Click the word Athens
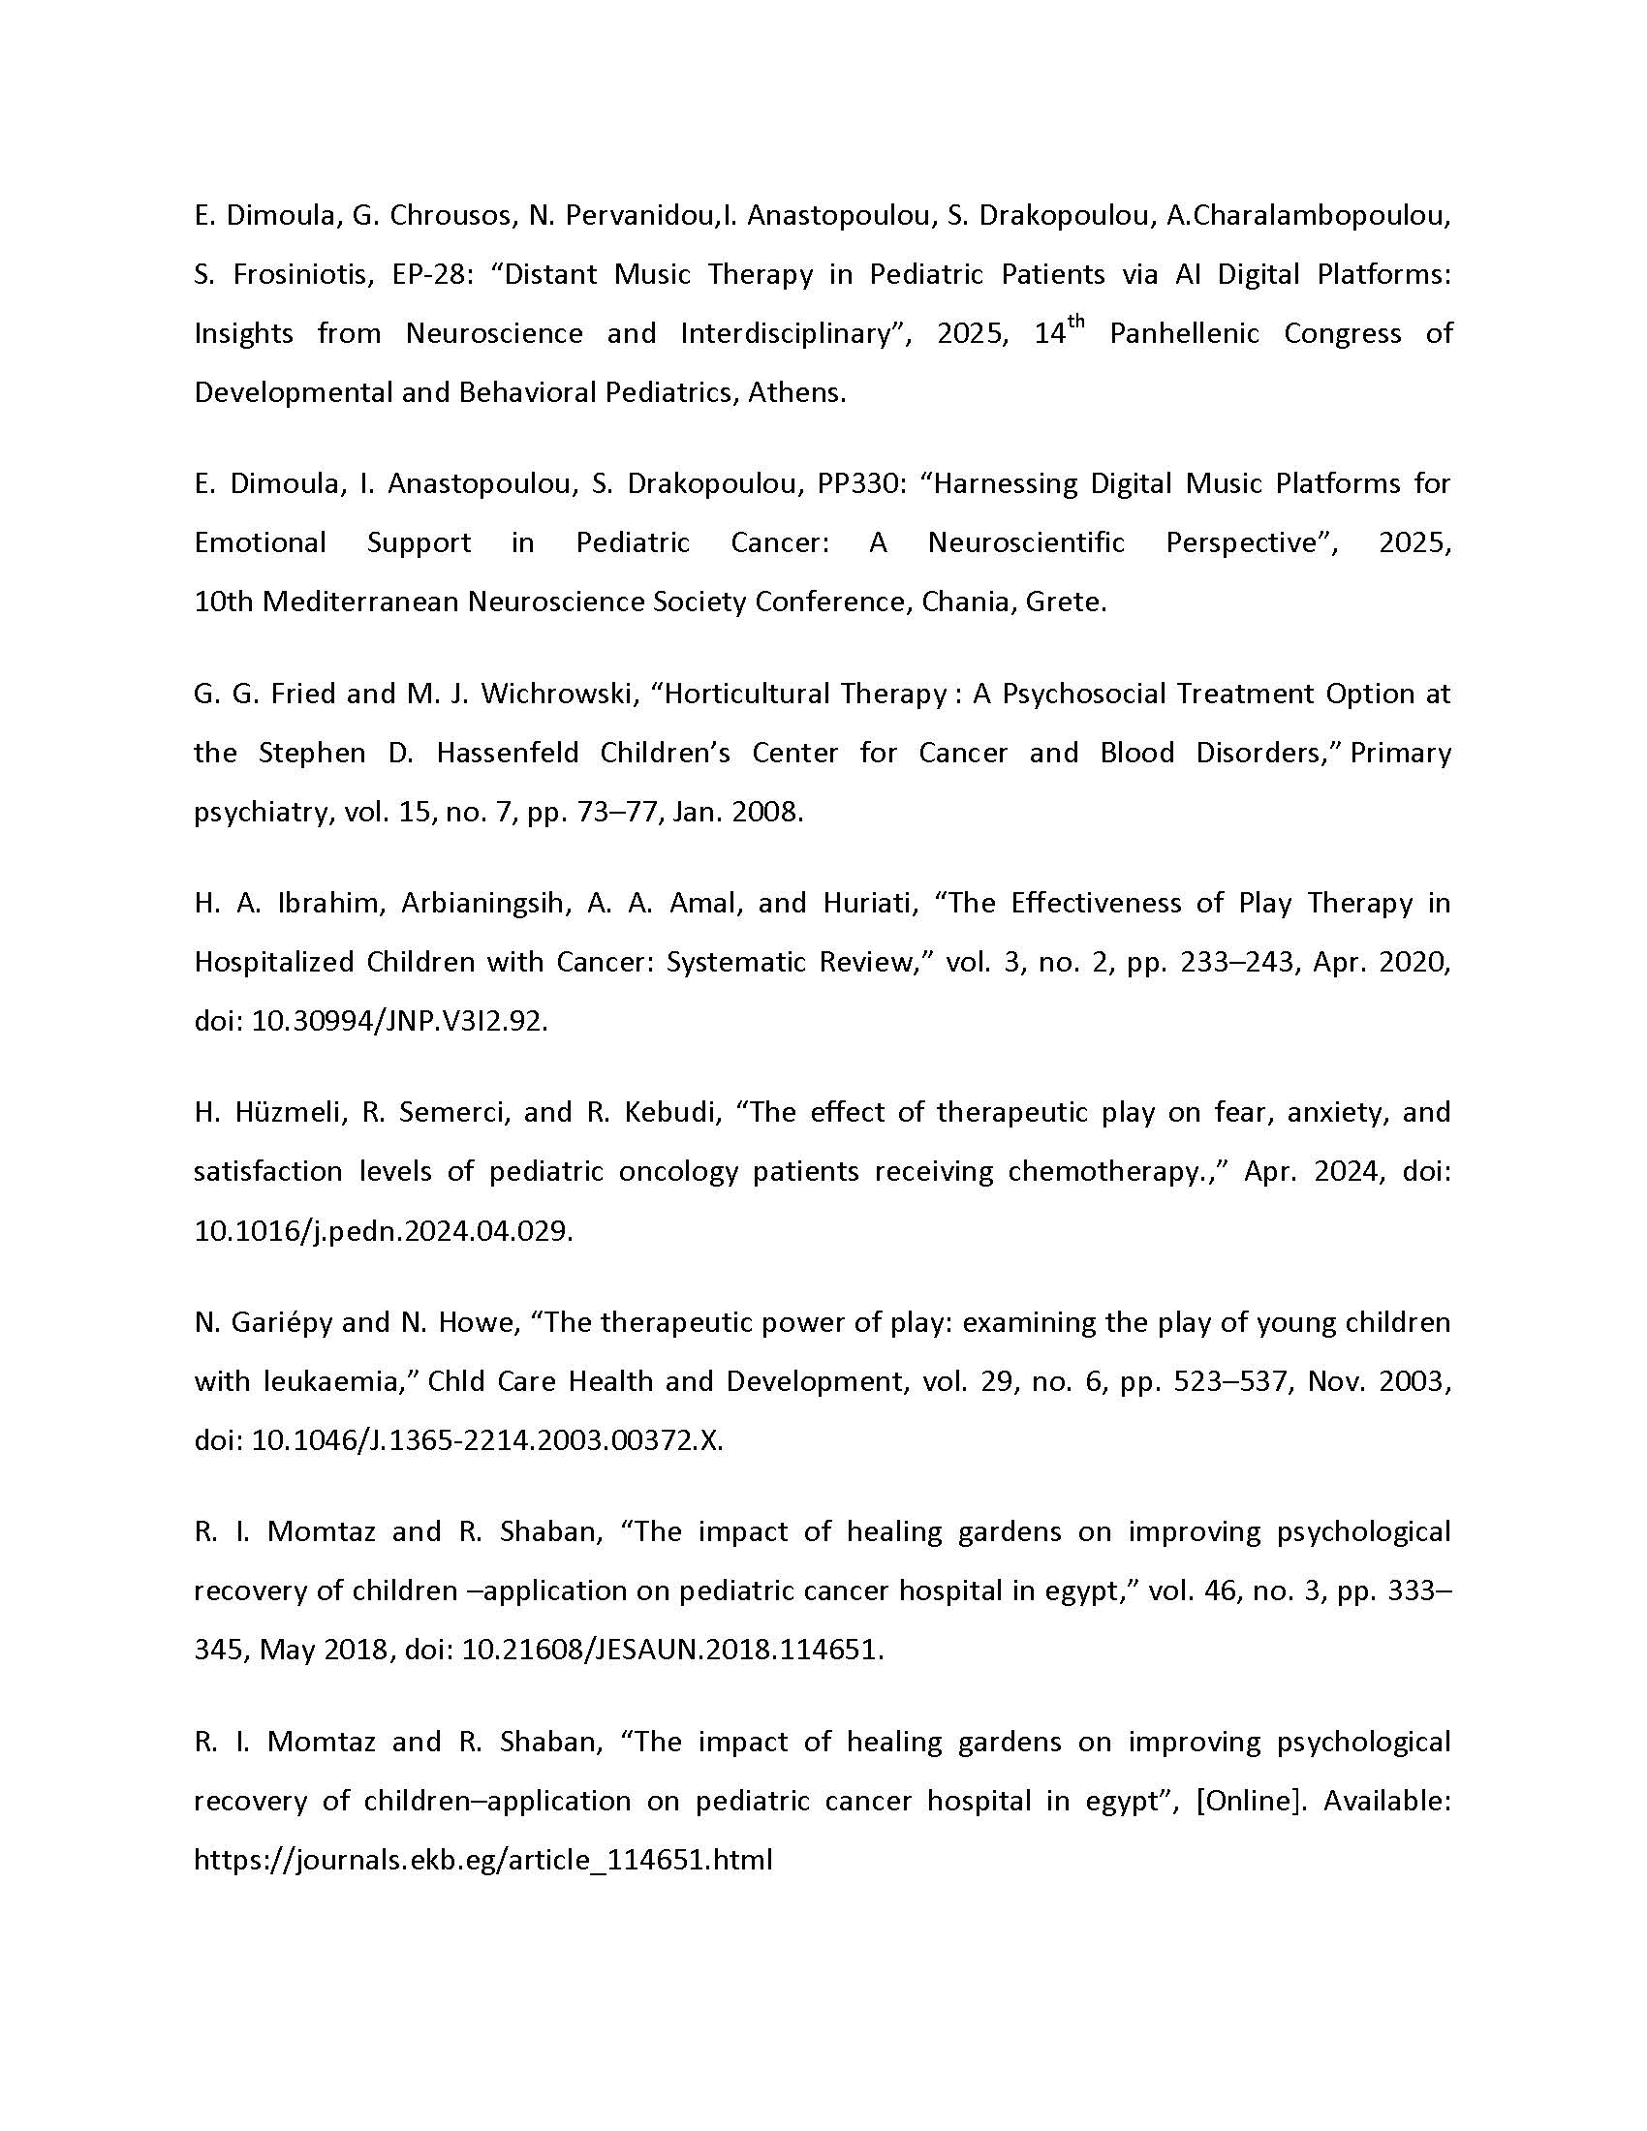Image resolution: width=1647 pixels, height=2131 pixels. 796,392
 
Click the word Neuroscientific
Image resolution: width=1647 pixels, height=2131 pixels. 1025,542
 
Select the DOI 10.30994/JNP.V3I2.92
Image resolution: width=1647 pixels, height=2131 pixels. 399,1021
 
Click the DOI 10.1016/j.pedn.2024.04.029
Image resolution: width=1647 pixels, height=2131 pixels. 383,1230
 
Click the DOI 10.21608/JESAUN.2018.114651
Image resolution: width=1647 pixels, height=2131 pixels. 672,1649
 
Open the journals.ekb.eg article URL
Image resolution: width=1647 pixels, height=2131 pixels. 483,1859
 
